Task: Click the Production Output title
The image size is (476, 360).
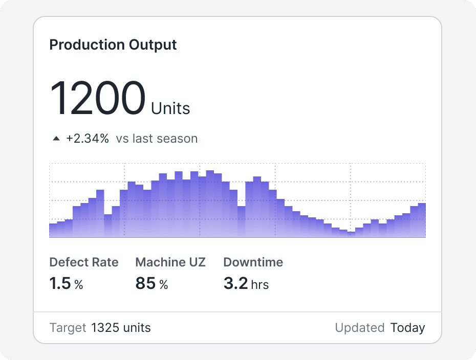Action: click(113, 44)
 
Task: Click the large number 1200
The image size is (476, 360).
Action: click(97, 98)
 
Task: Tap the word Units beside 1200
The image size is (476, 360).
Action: click(170, 108)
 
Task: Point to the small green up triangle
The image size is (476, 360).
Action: click(56, 139)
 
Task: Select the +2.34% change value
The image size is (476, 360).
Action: click(88, 139)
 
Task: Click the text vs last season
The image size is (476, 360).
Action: click(157, 139)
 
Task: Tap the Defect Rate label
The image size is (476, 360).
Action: click(83, 262)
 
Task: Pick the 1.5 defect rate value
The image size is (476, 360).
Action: click(60, 283)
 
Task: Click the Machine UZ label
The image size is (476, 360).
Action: click(170, 262)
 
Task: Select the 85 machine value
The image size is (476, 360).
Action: click(145, 283)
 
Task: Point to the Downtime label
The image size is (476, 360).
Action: click(253, 262)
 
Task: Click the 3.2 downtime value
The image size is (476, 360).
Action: click(235, 283)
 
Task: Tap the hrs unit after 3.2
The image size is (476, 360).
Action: click(260, 284)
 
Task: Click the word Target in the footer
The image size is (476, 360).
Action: click(68, 328)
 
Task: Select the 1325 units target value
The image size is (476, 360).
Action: click(121, 328)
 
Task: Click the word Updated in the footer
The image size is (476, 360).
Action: click(360, 328)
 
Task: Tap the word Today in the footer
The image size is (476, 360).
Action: click(407, 328)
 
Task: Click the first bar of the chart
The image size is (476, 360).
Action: click(53, 231)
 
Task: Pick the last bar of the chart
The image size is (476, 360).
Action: click(422, 220)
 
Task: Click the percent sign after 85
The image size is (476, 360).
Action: click(163, 284)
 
